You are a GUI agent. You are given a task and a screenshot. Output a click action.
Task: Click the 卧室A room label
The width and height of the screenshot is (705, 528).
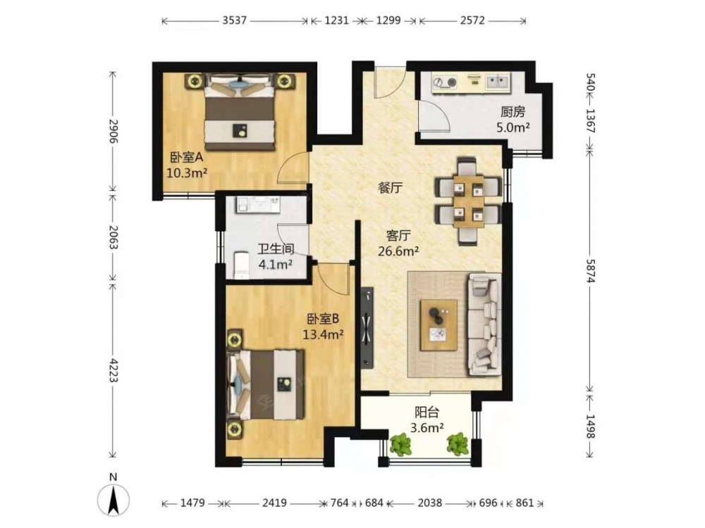[187, 158]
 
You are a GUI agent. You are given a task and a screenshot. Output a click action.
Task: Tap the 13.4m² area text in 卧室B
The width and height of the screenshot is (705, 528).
[324, 334]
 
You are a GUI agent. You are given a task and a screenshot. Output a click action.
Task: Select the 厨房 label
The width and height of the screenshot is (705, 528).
[513, 112]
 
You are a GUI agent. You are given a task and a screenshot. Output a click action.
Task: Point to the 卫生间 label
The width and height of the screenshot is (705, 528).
[276, 249]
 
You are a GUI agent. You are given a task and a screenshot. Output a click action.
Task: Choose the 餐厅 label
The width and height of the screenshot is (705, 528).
[390, 188]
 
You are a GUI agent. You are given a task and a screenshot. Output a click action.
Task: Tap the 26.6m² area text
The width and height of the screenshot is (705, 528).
[398, 251]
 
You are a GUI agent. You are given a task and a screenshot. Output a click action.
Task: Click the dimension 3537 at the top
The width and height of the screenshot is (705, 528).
[234, 20]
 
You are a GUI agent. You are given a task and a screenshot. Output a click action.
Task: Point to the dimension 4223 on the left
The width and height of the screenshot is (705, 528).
[113, 370]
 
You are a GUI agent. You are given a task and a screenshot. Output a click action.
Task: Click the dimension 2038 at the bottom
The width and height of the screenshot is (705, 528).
[429, 503]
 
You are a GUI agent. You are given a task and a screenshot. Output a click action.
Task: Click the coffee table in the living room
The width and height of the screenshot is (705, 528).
[439, 325]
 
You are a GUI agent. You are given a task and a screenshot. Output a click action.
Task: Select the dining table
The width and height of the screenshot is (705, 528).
[469, 201]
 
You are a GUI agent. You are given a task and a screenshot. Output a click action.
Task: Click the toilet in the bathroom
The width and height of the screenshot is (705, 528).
[241, 265]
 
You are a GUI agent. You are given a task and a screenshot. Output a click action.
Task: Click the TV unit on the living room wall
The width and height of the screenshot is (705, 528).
[367, 328]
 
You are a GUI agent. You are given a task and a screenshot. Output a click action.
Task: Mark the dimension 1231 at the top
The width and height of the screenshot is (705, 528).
[336, 20]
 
